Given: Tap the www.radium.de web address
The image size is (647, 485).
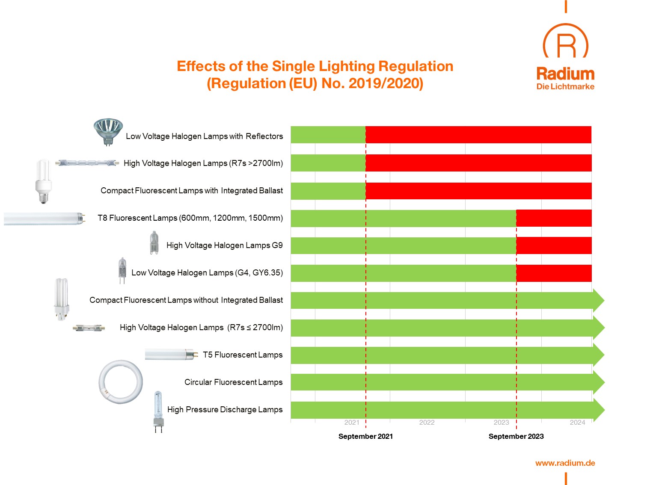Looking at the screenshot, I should pyautogui.click(x=565, y=463).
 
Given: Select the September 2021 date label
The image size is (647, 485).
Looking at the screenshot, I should pyautogui.click(x=365, y=436).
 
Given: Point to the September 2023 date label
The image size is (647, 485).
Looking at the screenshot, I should pyautogui.click(x=516, y=436).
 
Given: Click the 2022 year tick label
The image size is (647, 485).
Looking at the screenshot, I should pyautogui.click(x=427, y=423).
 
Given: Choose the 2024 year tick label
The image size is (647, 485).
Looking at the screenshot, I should pyautogui.click(x=577, y=423).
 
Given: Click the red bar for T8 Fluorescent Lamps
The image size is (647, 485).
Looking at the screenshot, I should pyautogui.click(x=554, y=218).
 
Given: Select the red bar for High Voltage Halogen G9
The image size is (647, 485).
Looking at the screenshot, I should pyautogui.click(x=554, y=245).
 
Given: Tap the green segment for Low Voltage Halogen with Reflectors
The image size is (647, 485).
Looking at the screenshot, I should pyautogui.click(x=328, y=135).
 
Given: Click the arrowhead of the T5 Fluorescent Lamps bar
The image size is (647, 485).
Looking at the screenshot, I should pyautogui.click(x=598, y=355).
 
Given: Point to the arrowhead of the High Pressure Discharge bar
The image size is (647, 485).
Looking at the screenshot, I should pyautogui.click(x=598, y=410).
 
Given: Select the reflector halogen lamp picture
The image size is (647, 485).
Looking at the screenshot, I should pyautogui.click(x=108, y=130).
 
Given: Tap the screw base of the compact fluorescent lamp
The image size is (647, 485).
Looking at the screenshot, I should pyautogui.click(x=43, y=197).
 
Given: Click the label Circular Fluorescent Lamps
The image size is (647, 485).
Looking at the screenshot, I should pyautogui.click(x=233, y=382).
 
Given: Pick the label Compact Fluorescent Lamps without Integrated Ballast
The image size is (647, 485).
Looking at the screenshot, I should pyautogui.click(x=186, y=300).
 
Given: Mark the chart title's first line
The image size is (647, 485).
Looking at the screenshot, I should pyautogui.click(x=315, y=66).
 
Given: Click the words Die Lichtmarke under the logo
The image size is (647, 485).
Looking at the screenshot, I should pyautogui.click(x=565, y=86).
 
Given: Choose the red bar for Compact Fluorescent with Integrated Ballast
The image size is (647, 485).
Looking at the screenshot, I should pyautogui.click(x=478, y=191).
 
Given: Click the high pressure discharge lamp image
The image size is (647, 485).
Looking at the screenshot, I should pyautogui.click(x=158, y=411).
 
